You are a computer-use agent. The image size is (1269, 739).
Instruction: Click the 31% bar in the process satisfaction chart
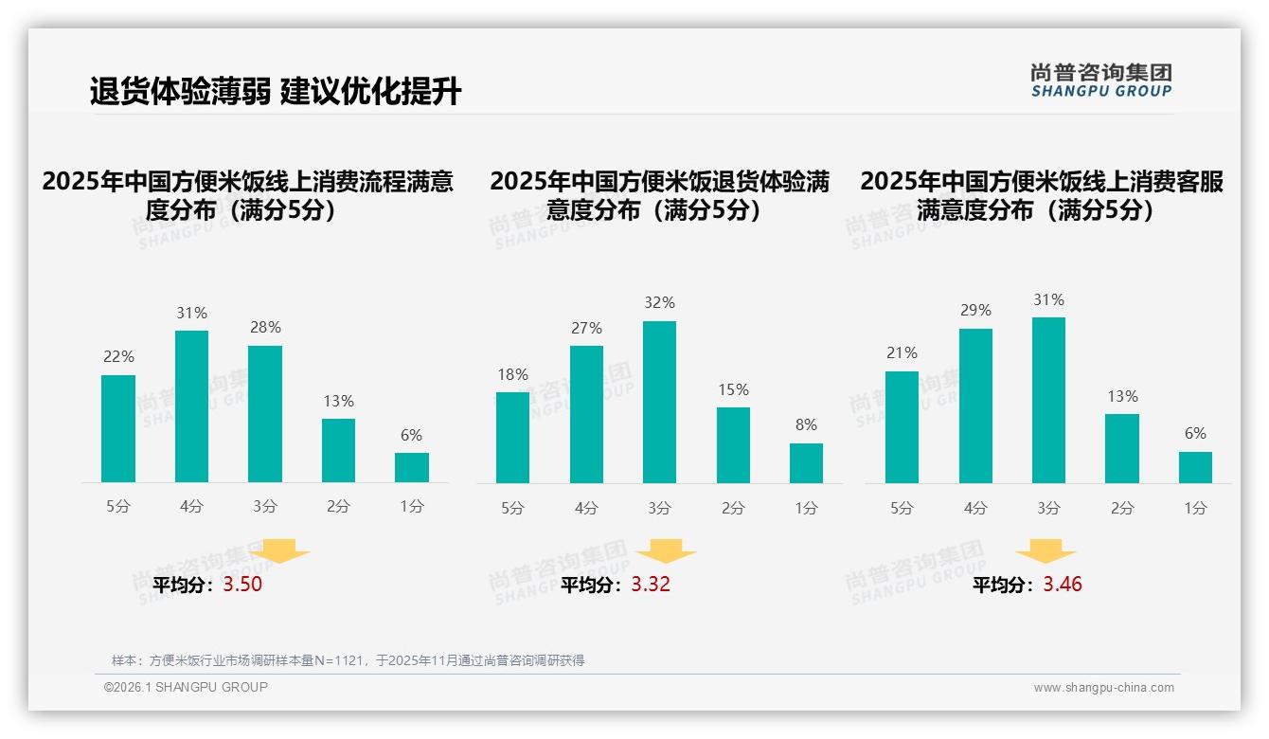pyautogui.click(x=191, y=406)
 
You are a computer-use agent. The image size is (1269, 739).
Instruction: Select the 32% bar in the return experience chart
pyautogui.click(x=659, y=402)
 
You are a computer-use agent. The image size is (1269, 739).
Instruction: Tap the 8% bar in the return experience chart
pyautogui.click(x=806, y=463)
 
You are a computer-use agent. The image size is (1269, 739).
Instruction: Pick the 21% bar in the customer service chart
pyautogui.click(x=902, y=426)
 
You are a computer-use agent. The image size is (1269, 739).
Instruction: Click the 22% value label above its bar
pyautogui.click(x=118, y=357)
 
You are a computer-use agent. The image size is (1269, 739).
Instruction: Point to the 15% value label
pyautogui.click(x=733, y=389)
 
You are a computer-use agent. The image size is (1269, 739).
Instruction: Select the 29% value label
pyautogui.click(x=975, y=310)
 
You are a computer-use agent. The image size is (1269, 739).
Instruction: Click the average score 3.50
pyautogui.click(x=242, y=584)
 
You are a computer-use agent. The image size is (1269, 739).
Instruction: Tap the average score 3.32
pyautogui.click(x=651, y=584)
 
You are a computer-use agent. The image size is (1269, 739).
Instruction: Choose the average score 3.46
pyautogui.click(x=1063, y=584)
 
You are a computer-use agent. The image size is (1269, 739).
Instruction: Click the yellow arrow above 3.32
pyautogui.click(x=666, y=550)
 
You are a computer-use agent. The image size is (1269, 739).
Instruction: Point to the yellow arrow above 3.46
pyautogui.click(x=1046, y=550)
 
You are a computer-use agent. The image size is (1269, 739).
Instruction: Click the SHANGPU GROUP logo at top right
pyautogui.click(x=1101, y=81)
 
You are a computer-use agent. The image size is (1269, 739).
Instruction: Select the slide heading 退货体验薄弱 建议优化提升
pyautogui.click(x=276, y=92)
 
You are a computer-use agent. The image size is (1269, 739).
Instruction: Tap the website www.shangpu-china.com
pyautogui.click(x=1103, y=688)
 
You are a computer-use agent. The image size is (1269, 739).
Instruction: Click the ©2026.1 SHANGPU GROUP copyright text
pyautogui.click(x=186, y=687)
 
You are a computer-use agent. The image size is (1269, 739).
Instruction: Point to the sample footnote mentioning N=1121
pyautogui.click(x=348, y=660)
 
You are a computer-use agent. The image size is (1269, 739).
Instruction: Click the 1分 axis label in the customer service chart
pyautogui.click(x=1195, y=508)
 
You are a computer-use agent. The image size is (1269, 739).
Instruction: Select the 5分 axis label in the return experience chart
pyautogui.click(x=512, y=508)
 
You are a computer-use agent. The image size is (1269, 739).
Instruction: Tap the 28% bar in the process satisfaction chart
pyautogui.click(x=265, y=414)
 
